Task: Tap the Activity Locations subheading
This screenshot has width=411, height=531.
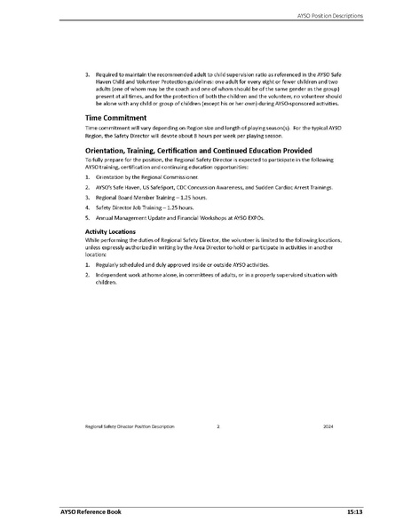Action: coord(106,232)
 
